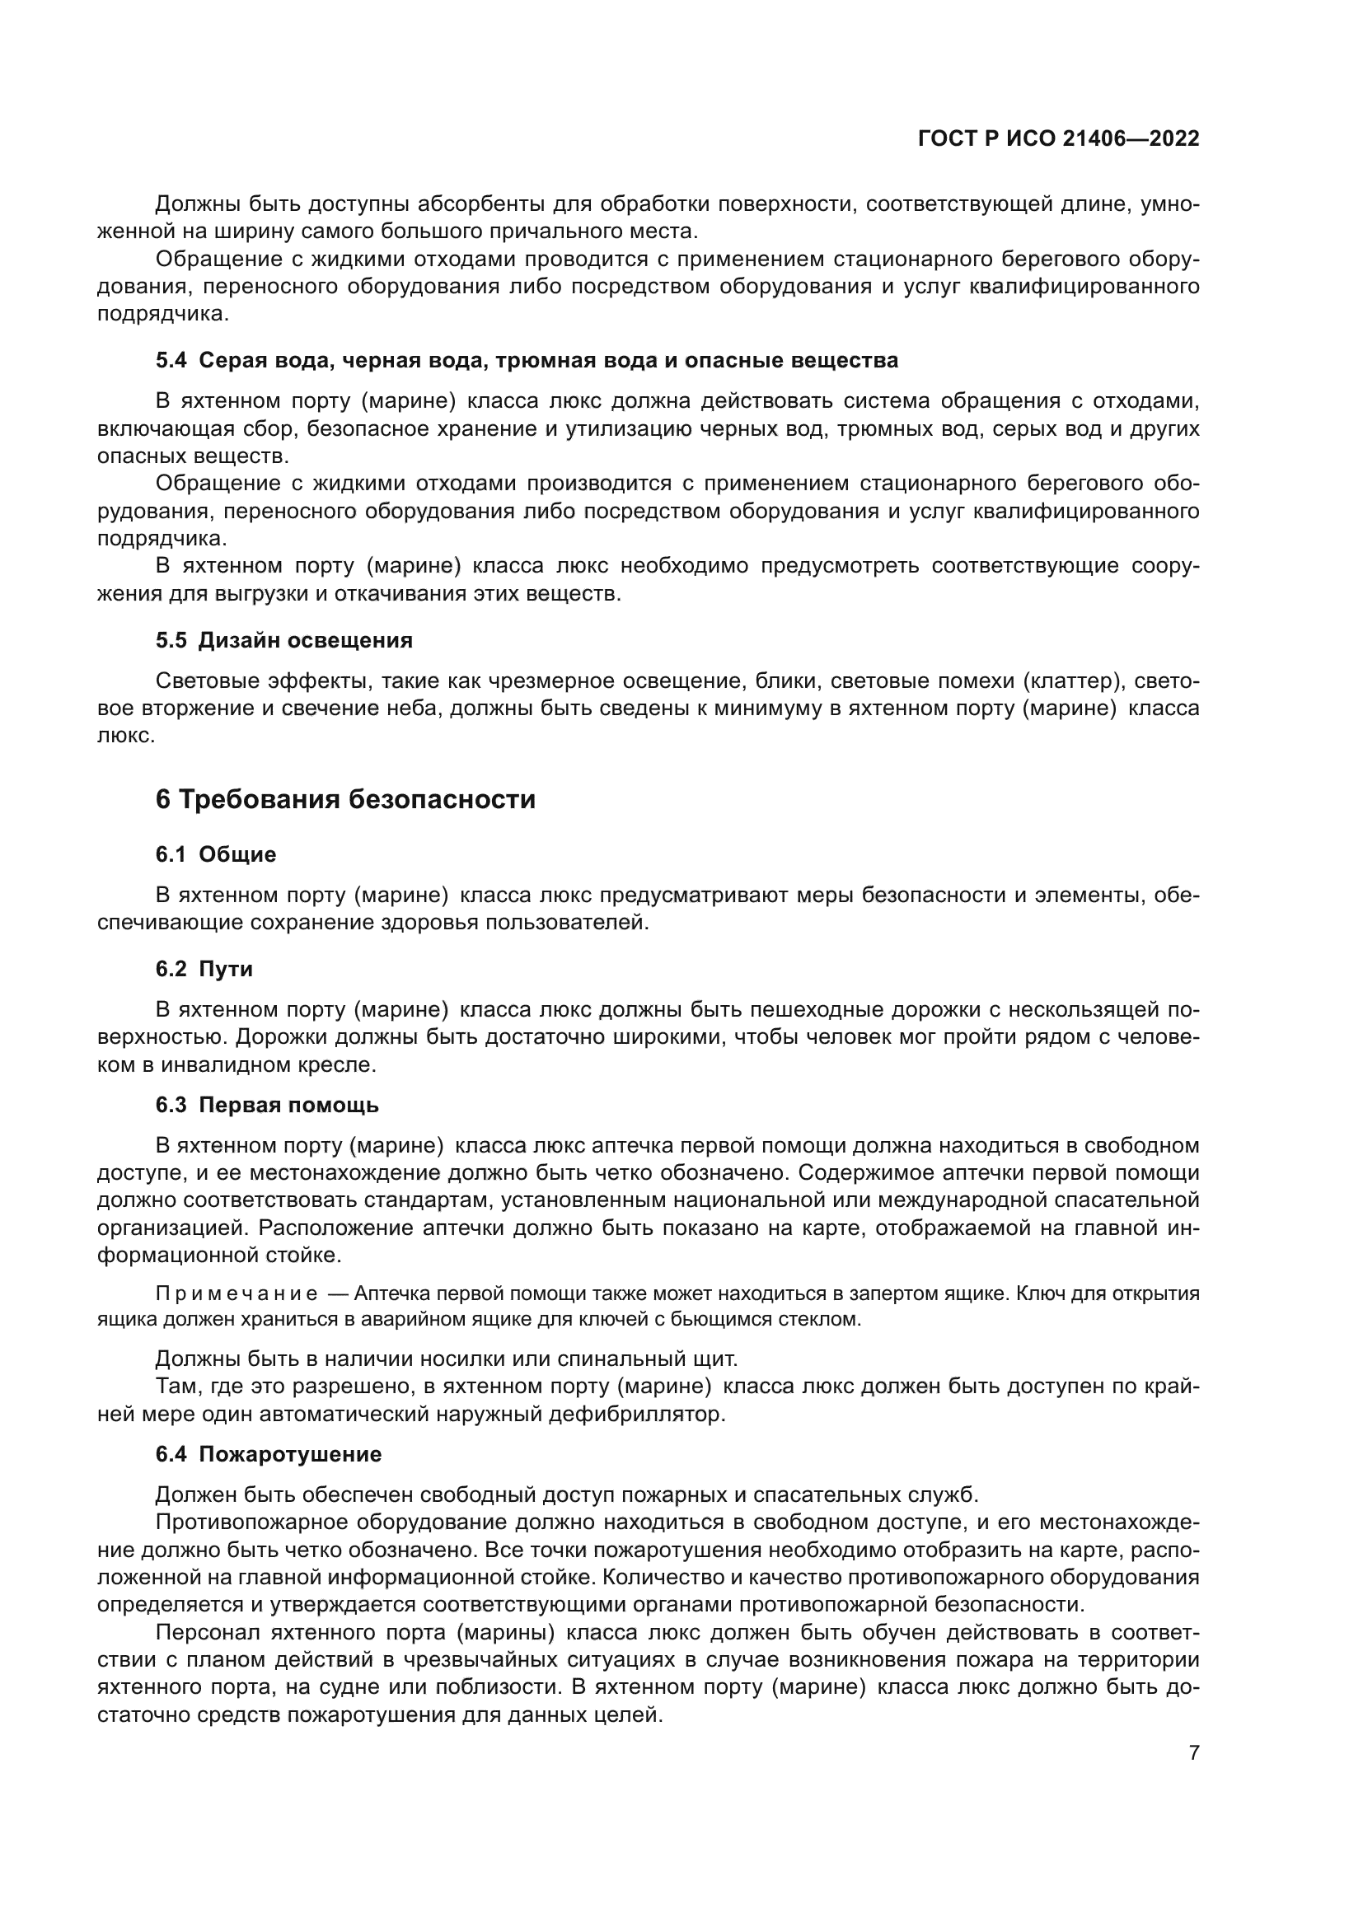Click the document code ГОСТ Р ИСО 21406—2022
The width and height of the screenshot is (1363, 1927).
click(x=1058, y=138)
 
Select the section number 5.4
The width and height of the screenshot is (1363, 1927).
click(x=171, y=361)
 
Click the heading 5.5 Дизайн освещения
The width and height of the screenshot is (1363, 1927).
click(x=283, y=640)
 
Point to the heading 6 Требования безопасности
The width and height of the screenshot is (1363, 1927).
click(x=345, y=799)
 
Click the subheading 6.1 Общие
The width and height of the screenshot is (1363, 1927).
click(x=216, y=854)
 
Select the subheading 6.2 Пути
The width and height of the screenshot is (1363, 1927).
click(x=204, y=969)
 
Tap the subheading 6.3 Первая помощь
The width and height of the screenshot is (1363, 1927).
click(x=267, y=1105)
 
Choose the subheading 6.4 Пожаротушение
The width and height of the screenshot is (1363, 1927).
click(x=269, y=1453)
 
